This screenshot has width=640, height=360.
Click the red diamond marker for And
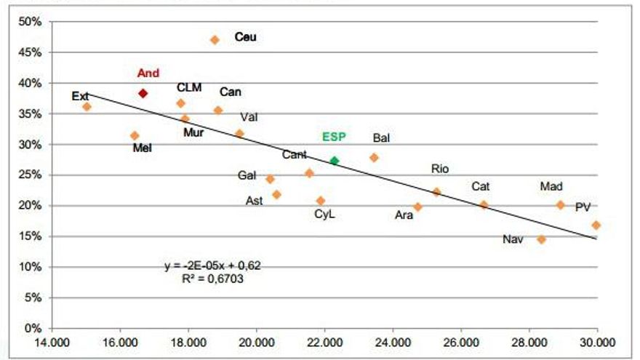tap(143, 93)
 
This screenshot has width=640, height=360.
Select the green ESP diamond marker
tap(335, 161)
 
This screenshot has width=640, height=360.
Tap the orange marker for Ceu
tap(215, 40)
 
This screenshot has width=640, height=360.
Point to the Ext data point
tap(87, 107)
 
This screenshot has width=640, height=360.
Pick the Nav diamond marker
tap(541, 239)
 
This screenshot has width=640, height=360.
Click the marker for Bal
tap(374, 157)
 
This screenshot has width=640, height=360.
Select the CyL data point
tap(321, 201)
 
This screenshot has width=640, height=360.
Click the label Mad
tap(551, 187)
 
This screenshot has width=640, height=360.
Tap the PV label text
tap(583, 207)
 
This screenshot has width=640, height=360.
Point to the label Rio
tap(440, 169)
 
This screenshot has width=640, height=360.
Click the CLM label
tap(189, 87)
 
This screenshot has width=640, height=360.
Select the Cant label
tap(295, 155)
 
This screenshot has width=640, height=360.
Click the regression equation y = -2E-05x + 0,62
tap(213, 265)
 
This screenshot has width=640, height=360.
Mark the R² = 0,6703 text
tap(213, 278)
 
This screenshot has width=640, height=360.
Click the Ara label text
tap(404, 215)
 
